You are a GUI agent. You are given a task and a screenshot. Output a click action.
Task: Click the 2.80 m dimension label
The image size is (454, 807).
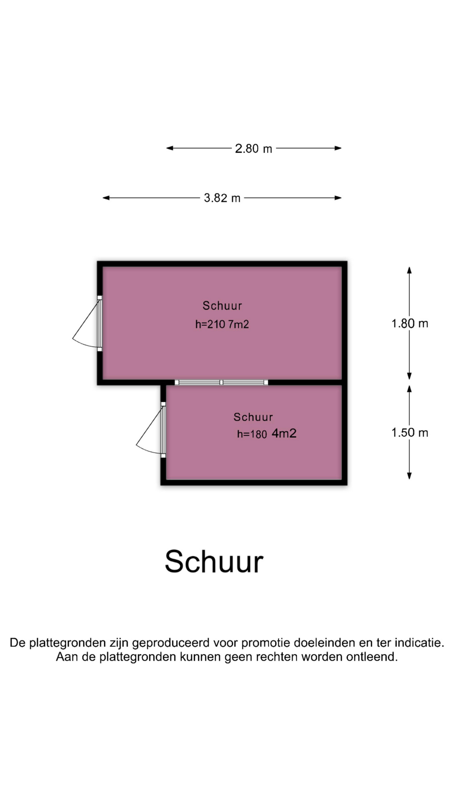coord(253,148)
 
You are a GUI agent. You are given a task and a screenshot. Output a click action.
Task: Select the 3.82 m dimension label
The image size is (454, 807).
coord(222,198)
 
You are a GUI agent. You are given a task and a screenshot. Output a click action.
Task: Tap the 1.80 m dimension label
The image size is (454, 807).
coord(410,323)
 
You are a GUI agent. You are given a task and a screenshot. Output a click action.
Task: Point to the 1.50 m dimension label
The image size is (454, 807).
coord(410,433)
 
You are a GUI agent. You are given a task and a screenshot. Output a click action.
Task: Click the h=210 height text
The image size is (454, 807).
coord(211,324)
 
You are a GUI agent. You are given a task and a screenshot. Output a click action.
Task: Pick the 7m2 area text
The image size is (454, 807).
coord(239,324)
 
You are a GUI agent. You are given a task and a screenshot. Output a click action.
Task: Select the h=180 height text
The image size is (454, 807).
coord(252,434)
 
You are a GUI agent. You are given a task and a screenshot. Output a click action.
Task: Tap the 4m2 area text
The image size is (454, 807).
coord(284,433)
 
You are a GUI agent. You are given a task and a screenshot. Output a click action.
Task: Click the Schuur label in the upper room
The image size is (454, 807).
coord(222,306)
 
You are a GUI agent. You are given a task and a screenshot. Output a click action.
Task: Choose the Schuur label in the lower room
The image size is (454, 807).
coord(253,417)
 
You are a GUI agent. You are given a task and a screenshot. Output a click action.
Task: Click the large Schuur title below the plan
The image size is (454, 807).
coord(214,561)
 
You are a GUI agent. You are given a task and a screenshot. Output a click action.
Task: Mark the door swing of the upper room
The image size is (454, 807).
coord(87,323)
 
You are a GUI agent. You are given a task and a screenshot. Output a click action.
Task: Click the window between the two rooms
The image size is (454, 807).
coord(222,382)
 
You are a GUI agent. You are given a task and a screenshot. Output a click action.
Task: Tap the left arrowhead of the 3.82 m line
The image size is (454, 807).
coord(106,198)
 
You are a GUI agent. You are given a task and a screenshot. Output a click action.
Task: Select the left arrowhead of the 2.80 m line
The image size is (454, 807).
coord(170,148)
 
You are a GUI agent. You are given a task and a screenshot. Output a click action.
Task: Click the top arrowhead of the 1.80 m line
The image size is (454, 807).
coord(409,270)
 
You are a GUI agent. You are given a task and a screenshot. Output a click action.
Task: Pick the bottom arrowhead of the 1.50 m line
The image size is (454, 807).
coord(409,475)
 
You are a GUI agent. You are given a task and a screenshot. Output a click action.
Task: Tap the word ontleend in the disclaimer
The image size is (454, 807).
coord(372,657)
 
